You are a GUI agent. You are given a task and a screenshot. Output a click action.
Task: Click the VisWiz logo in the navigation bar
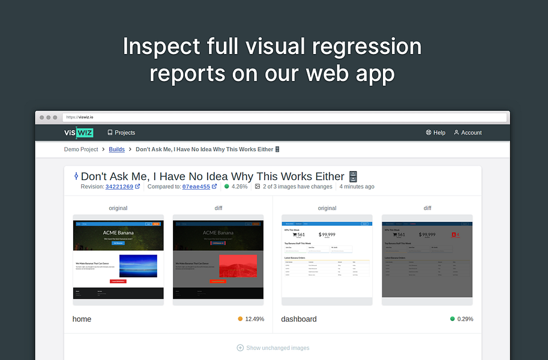79,133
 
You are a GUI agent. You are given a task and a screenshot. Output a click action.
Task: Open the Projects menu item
121,133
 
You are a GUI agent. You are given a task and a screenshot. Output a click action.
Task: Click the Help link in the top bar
436,133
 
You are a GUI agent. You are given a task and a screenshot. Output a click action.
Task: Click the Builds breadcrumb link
116,149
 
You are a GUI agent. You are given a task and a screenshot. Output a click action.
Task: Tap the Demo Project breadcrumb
81,149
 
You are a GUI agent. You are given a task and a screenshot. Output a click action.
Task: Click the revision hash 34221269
119,187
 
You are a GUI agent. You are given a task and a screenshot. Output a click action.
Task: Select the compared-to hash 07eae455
196,187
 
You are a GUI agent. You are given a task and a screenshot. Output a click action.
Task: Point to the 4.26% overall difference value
239,187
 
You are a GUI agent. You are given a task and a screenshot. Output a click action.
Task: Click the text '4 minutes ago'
357,187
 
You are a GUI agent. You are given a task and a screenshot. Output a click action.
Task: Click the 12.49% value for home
254,319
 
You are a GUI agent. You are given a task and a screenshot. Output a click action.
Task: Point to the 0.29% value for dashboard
465,319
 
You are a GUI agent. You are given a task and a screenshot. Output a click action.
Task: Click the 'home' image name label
82,319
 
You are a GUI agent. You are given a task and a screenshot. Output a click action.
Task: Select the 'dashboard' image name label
299,319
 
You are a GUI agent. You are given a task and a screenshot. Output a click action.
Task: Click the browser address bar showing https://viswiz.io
282,117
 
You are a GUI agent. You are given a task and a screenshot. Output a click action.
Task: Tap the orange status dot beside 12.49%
240,319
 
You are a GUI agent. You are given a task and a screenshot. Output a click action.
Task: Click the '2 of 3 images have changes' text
297,187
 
